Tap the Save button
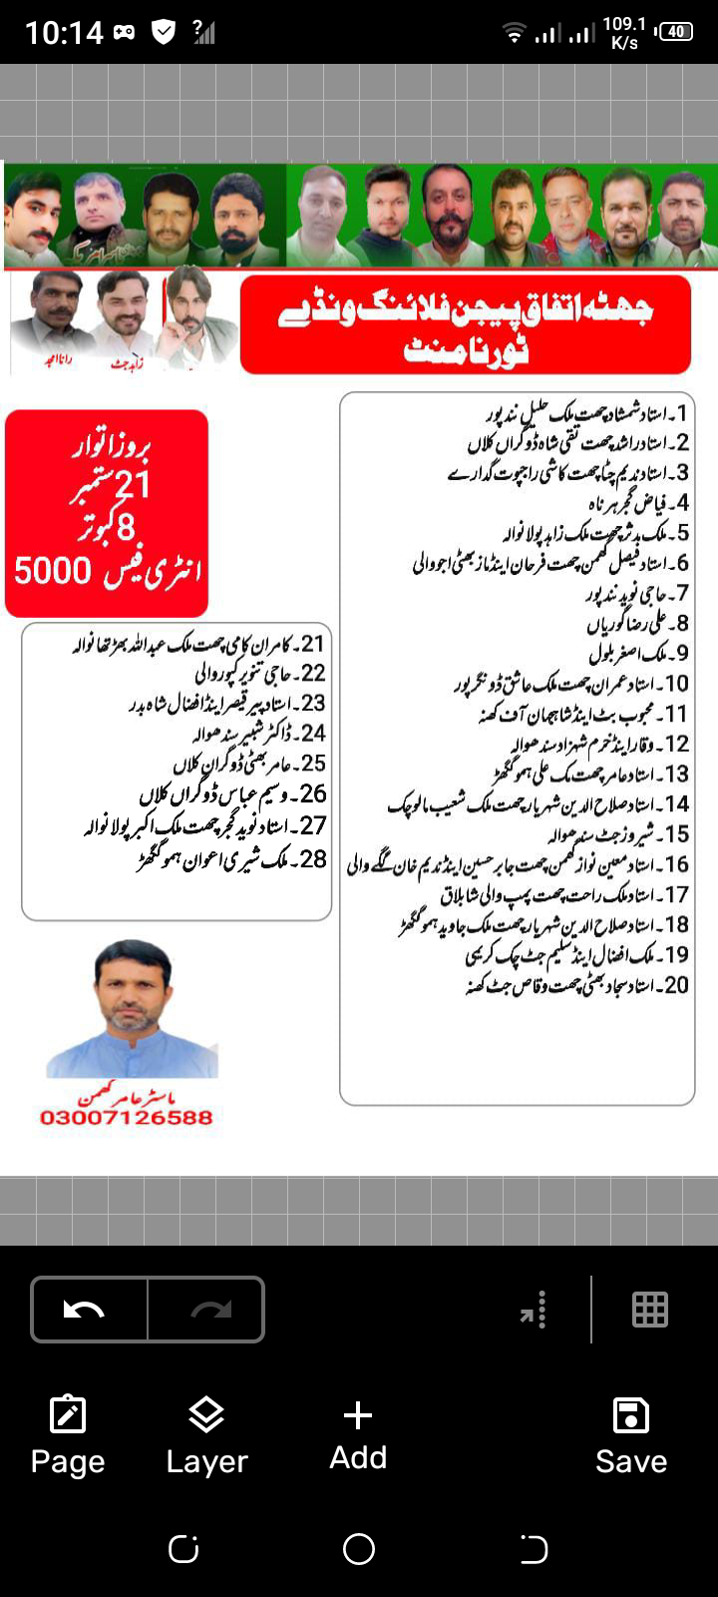[630, 1436]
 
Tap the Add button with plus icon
[358, 1435]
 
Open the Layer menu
[206, 1436]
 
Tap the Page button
[68, 1436]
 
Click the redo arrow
[209, 1309]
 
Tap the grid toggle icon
[649, 1309]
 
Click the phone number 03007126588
[127, 1117]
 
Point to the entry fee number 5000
[52, 571]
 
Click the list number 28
[313, 858]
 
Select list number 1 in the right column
[682, 412]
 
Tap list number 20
[676, 985]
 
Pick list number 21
[313, 644]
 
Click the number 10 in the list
[677, 684]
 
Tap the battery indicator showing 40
[676, 32]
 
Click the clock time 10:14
[64, 33]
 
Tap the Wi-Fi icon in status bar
[515, 34]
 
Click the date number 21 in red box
[133, 486]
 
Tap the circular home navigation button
[358, 1548]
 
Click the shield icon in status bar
[164, 32]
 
